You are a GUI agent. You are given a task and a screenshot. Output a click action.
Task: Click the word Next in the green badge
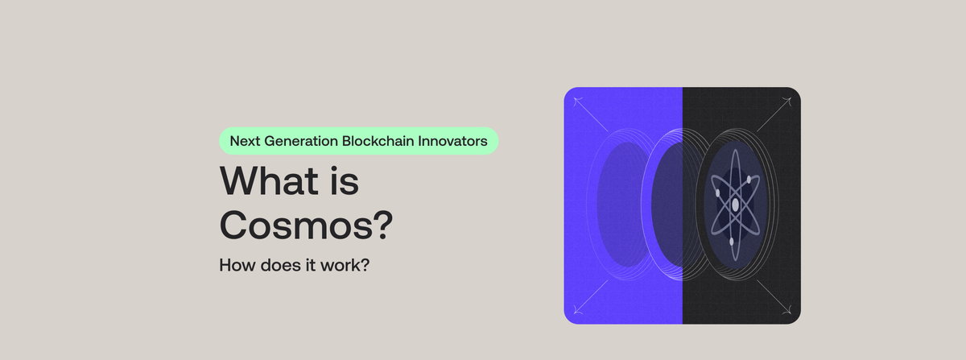(245, 141)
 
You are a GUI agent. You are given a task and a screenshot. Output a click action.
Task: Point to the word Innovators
(456, 141)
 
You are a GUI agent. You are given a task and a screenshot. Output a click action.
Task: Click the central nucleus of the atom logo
(735, 205)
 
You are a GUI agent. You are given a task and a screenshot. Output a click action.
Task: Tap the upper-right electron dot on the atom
(749, 179)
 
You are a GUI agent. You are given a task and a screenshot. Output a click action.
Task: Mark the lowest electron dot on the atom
(731, 241)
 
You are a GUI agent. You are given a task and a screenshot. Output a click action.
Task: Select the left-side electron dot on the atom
(717, 192)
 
